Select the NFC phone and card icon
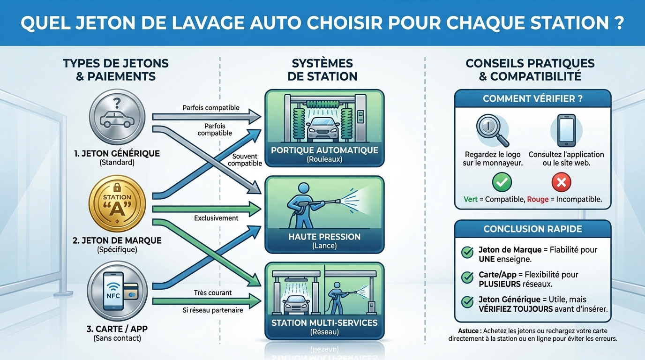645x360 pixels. coord(117,290)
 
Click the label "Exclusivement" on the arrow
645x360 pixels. coord(216,218)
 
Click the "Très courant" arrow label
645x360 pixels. coord(213,293)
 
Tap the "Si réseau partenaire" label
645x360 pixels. coord(213,310)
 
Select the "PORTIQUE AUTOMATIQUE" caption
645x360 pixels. coord(324,150)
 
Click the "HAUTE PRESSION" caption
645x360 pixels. coord(324,237)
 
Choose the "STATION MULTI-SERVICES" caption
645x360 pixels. coord(324,323)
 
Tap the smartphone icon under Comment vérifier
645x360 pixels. coord(566,130)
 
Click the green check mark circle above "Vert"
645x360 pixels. coord(502,182)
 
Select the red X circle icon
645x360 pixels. coord(561,182)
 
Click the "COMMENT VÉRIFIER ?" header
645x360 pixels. coord(532,99)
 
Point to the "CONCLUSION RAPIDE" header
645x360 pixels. coord(532,229)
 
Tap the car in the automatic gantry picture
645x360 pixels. coord(324,127)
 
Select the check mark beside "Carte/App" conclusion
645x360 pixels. coord(467,277)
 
